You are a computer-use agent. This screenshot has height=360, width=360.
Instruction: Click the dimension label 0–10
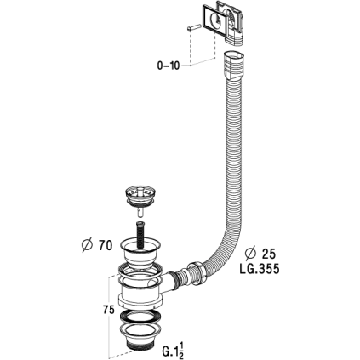pyautogui.click(x=169, y=66)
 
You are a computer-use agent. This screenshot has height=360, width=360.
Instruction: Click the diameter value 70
pyautogui.click(x=106, y=245)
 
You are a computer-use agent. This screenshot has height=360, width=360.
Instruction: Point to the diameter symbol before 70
pyautogui.click(x=87, y=245)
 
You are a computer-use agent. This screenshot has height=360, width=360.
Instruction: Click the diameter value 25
pyautogui.click(x=268, y=254)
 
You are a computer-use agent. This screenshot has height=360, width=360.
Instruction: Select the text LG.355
pyautogui.click(x=260, y=269)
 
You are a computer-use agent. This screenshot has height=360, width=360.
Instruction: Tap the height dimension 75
pyautogui.click(x=108, y=310)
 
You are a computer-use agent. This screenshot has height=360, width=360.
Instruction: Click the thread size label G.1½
pyautogui.click(x=173, y=350)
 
